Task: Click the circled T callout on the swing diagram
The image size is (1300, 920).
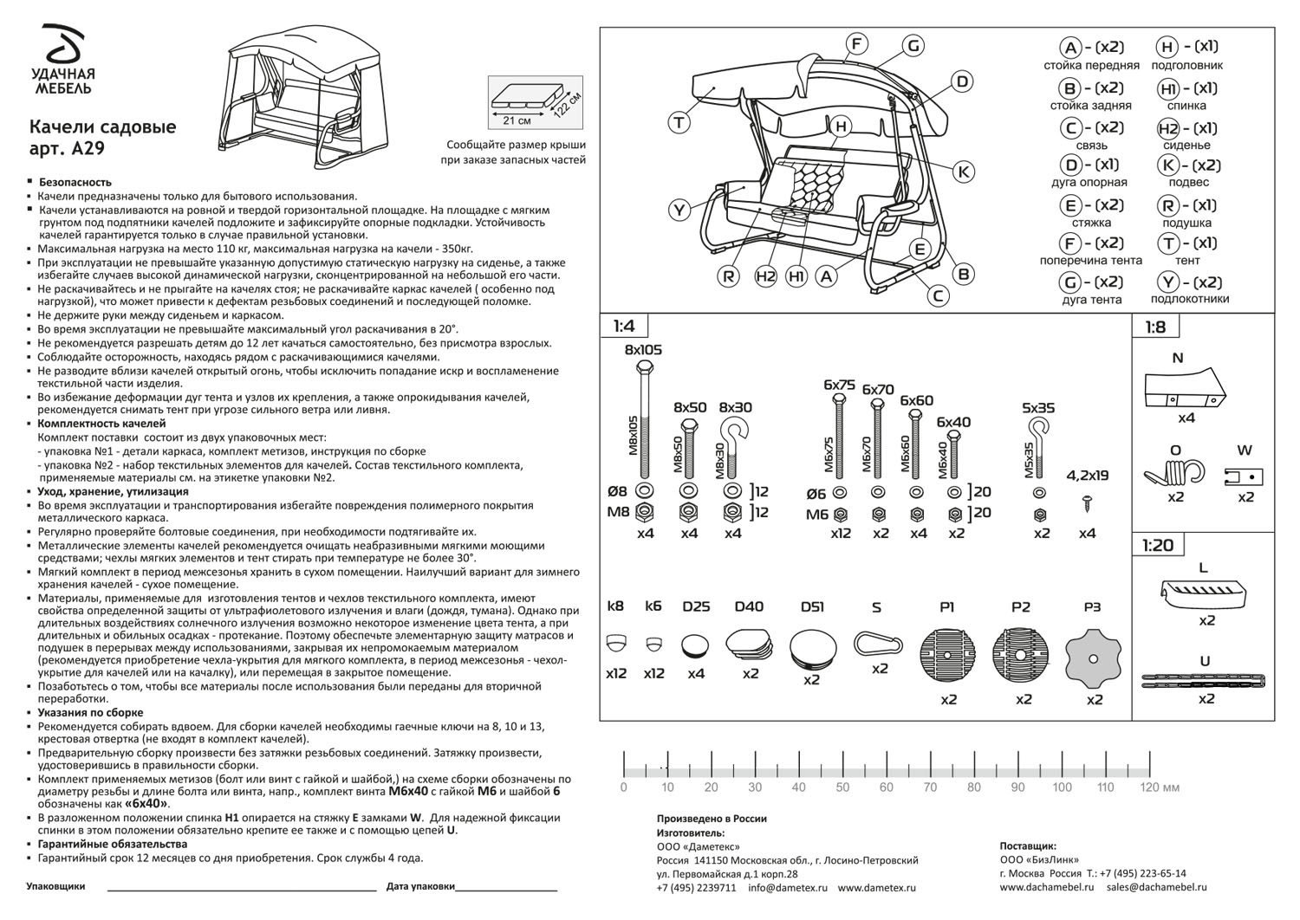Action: (679, 123)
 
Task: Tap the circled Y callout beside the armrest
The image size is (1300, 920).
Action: (679, 211)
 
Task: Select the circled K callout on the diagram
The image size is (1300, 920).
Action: (964, 172)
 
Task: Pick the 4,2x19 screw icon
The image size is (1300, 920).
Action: (1088, 501)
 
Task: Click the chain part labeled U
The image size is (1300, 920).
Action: (1204, 680)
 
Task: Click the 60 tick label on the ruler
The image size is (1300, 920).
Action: (886, 787)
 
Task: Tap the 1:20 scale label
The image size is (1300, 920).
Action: (1158, 546)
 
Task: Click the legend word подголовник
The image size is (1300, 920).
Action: (1186, 65)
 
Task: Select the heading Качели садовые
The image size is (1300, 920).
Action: (103, 127)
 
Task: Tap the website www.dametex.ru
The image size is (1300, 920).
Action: (876, 888)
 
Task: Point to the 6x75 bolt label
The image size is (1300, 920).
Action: (839, 385)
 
